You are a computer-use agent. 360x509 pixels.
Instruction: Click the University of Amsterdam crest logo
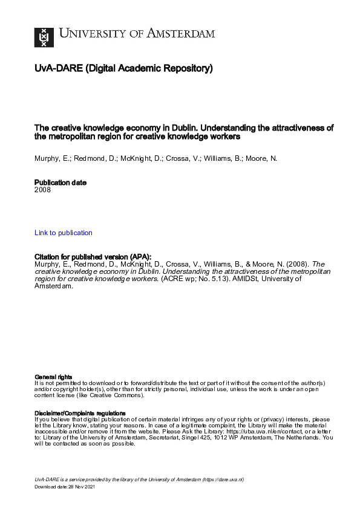(x=44, y=37)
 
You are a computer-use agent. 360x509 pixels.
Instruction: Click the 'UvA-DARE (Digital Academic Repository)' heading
(x=123, y=69)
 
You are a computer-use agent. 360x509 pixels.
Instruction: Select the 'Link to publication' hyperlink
(x=64, y=233)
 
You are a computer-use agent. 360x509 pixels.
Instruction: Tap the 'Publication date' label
(x=61, y=183)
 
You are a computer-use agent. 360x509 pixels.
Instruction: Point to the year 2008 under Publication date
(x=42, y=190)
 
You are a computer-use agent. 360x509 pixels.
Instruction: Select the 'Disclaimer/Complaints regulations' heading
(x=80, y=413)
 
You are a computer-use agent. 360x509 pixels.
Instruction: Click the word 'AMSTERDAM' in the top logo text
(x=182, y=34)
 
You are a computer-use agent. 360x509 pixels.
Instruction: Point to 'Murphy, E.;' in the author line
(x=50, y=158)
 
